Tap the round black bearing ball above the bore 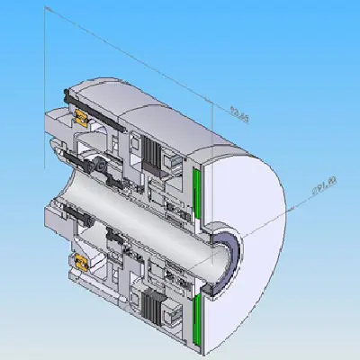101,167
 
